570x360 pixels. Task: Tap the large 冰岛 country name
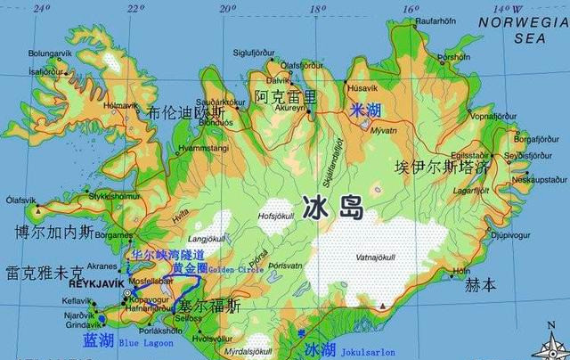333,209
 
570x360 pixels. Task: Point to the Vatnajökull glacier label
375,258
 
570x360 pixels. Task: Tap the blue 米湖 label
366,110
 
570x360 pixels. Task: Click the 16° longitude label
410,8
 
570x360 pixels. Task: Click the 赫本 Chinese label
480,286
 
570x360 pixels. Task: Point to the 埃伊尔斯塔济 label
443,167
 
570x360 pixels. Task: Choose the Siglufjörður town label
254,52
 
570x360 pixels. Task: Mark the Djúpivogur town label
511,235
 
